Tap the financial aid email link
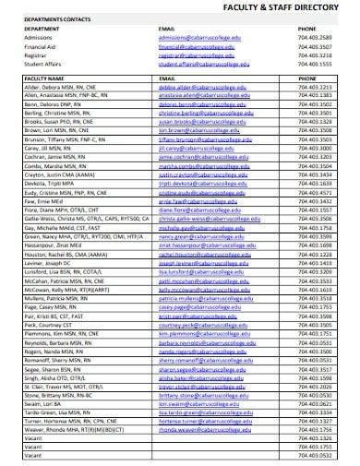(197, 43)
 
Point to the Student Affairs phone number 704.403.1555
(314, 60)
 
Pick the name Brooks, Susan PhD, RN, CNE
(60, 122)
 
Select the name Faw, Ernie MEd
(42, 198)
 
